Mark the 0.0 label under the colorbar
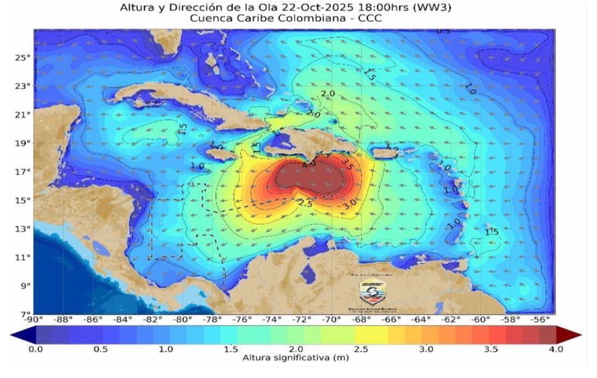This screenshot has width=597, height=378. (35, 349)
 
